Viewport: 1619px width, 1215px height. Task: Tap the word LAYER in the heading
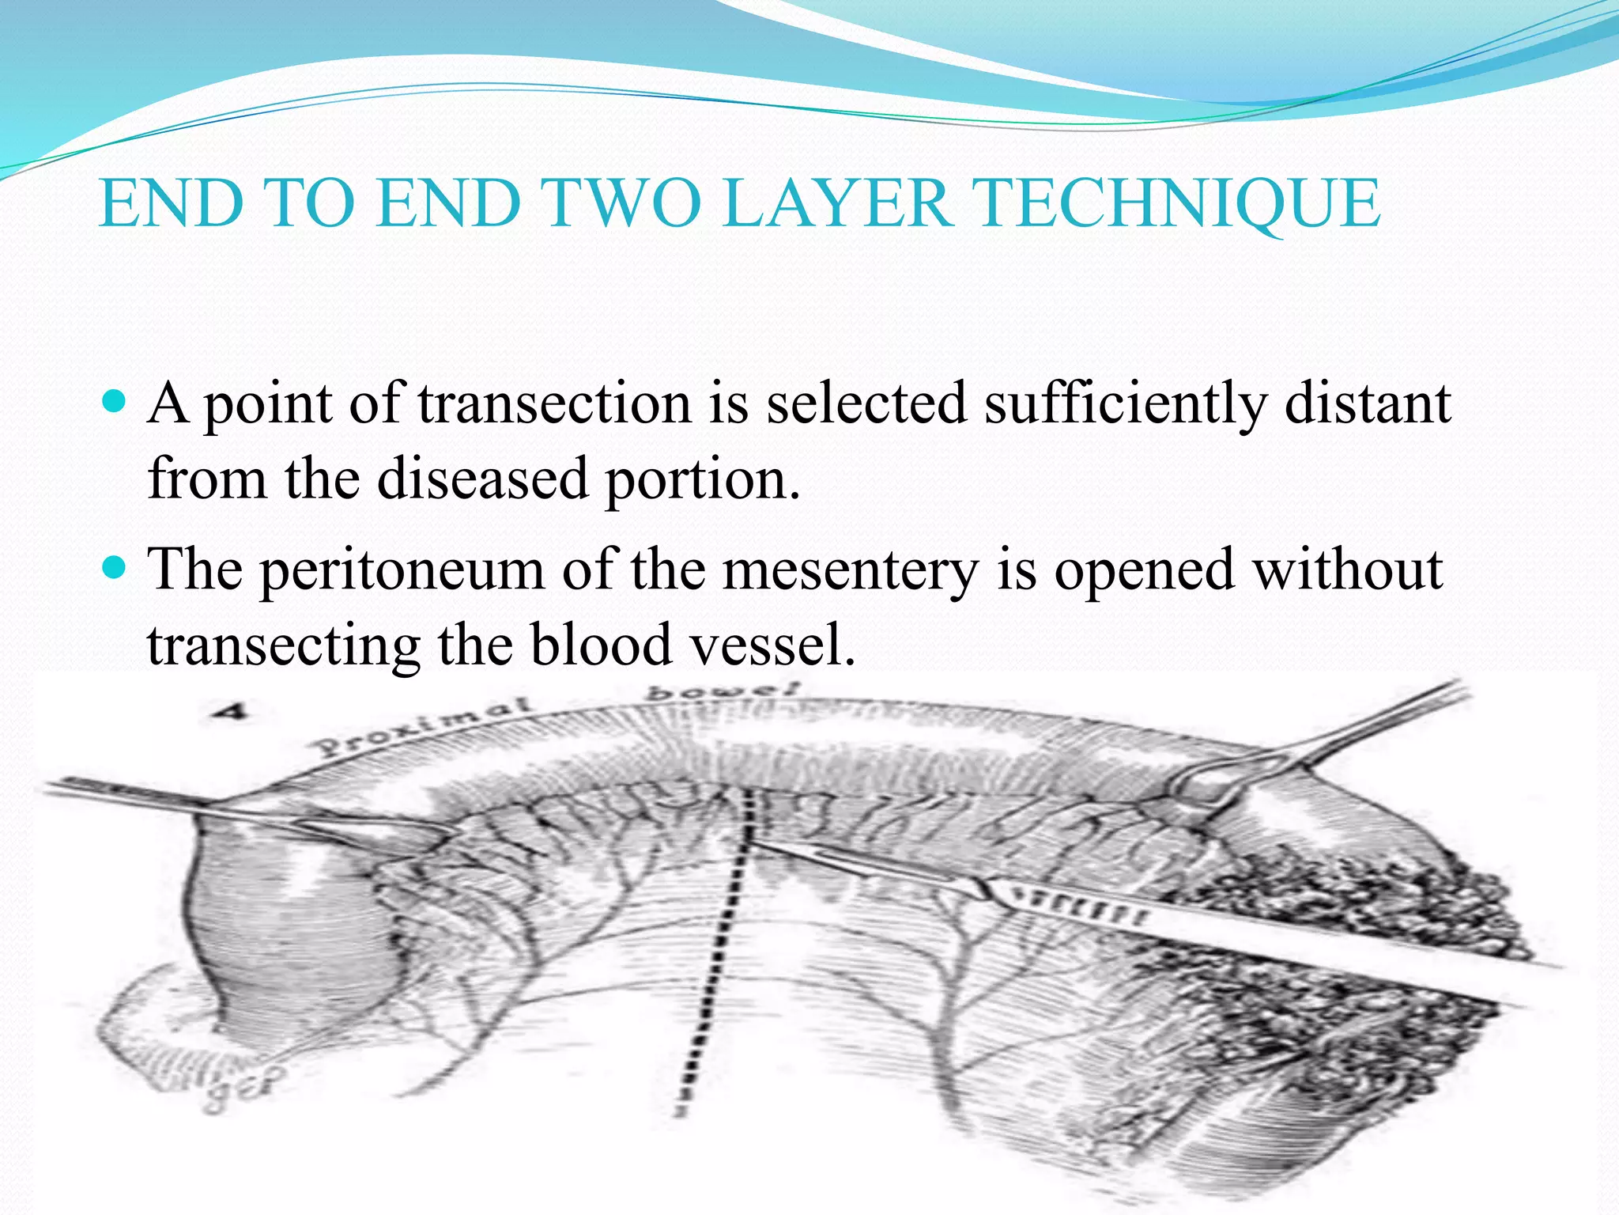click(839, 204)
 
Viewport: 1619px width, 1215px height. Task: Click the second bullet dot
click(115, 568)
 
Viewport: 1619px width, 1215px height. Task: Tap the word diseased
click(482, 479)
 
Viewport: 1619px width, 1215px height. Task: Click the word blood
click(601, 644)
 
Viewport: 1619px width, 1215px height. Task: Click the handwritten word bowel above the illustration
click(724, 691)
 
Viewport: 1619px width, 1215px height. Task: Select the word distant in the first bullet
click(1368, 404)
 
